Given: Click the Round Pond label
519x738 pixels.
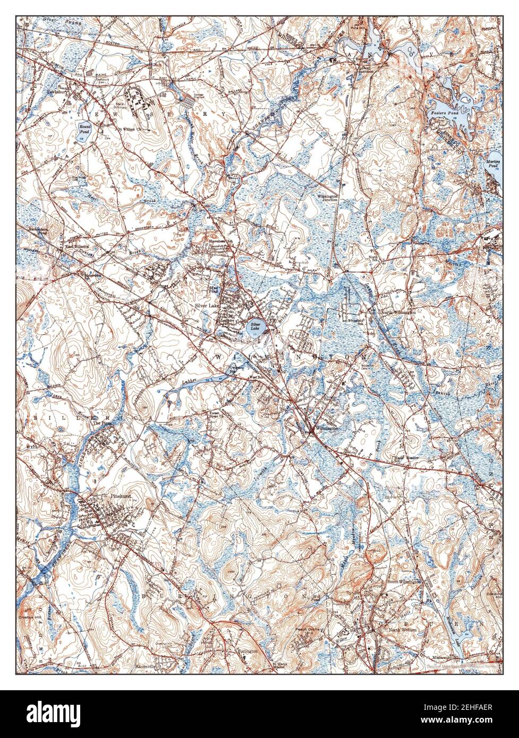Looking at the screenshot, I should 84,128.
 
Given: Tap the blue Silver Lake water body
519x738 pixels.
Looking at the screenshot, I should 256,325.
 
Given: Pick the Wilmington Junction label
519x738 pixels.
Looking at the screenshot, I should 328,198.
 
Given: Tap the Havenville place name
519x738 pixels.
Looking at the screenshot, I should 148,666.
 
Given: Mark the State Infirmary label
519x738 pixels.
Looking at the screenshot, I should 121,106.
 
